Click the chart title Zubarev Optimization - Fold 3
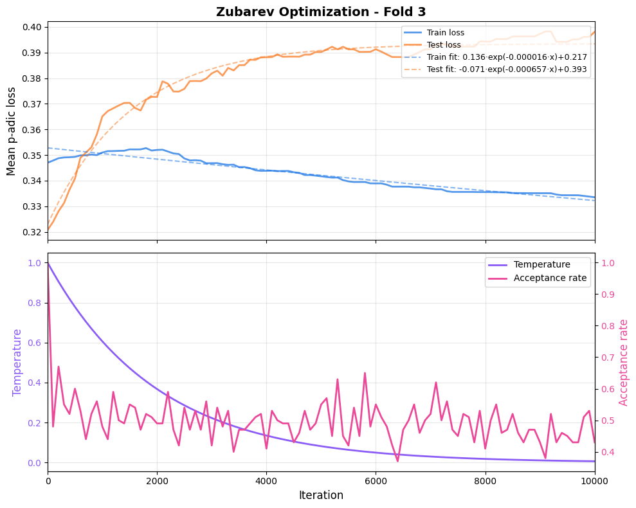[x=321, y=12]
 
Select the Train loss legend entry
[x=445, y=33]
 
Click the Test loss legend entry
[x=444, y=45]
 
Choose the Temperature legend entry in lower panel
[x=541, y=264]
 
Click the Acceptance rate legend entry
[x=550, y=278]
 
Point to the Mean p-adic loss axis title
[x=12, y=131]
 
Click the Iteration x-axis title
[x=321, y=496]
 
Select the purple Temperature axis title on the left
[x=17, y=362]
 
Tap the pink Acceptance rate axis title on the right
[x=623, y=362]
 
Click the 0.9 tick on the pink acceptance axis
[x=608, y=295]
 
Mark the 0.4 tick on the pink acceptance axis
[x=608, y=452]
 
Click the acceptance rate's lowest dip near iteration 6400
[x=397, y=460]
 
